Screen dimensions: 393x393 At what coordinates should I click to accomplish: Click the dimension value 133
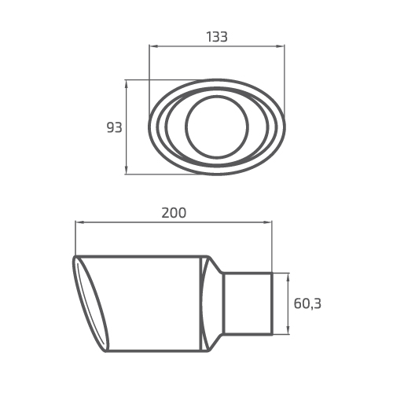(217, 37)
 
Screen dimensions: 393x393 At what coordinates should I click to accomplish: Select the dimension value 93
(115, 127)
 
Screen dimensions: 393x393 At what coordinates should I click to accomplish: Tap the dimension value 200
(174, 213)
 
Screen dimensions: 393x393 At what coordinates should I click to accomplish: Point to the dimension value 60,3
(307, 303)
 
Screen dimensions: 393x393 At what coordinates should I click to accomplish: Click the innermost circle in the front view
(217, 127)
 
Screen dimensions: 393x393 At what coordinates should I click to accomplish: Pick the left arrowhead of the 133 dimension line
(152, 46)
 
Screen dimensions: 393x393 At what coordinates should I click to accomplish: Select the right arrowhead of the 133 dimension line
(282, 46)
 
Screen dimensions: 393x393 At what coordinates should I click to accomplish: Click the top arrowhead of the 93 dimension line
(127, 82)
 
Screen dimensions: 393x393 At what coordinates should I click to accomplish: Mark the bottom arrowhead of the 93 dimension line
(127, 171)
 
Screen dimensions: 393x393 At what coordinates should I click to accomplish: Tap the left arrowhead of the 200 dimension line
(78, 222)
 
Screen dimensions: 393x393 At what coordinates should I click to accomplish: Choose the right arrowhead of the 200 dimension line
(270, 222)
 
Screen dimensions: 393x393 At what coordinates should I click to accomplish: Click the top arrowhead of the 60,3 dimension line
(288, 276)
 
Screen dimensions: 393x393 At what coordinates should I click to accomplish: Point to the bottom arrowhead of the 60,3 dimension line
(288, 332)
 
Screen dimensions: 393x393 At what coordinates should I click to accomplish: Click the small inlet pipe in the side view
(248, 303)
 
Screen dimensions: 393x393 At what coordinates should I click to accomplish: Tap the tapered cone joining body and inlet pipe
(212, 303)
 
